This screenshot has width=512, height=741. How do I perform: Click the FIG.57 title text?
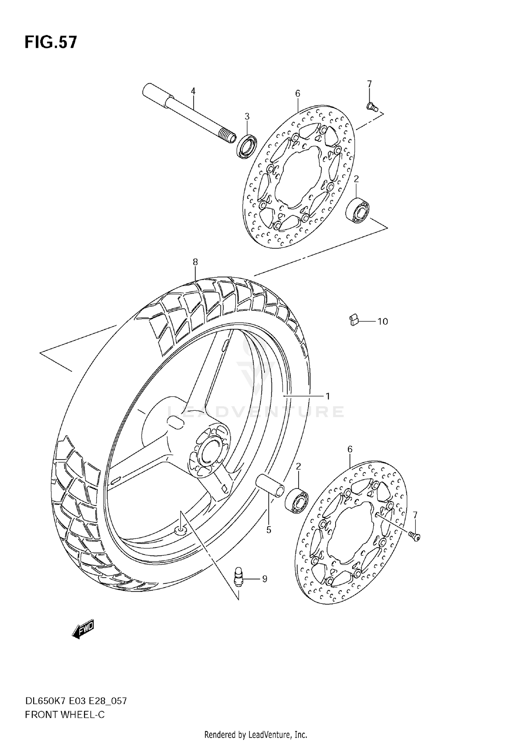(x=51, y=43)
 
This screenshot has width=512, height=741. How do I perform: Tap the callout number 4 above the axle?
(x=193, y=91)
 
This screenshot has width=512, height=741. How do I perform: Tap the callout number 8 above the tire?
(x=195, y=262)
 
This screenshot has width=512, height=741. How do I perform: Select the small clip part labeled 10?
(x=354, y=320)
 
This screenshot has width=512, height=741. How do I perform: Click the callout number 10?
(x=383, y=321)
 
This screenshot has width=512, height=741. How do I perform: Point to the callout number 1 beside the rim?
(x=328, y=396)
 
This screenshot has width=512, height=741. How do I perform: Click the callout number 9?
(x=265, y=579)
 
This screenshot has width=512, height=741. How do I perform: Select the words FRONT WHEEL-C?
(x=65, y=715)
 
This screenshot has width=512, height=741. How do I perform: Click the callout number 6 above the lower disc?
(x=350, y=449)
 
